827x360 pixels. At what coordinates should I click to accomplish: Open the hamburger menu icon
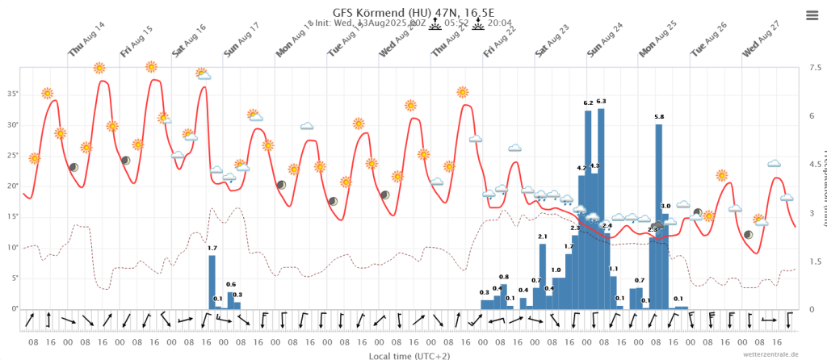pyautogui.click(x=812, y=15)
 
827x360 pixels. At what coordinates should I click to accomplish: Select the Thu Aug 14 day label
pyautogui.click(x=87, y=41)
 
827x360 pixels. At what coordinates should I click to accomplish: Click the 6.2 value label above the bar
pyautogui.click(x=588, y=103)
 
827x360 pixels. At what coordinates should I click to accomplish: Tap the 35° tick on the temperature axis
pyautogui.click(x=12, y=94)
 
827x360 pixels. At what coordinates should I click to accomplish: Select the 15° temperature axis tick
pyautogui.click(x=12, y=216)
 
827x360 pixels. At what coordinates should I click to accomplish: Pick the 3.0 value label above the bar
pyautogui.click(x=665, y=207)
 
